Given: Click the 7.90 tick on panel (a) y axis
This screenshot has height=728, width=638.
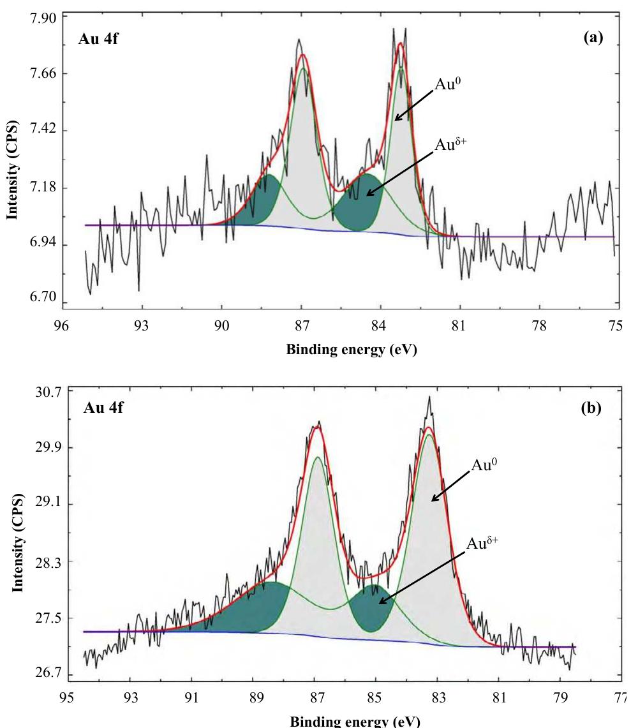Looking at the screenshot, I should [x=40, y=17].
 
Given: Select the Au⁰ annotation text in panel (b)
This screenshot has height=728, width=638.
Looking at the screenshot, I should [x=483, y=465].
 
